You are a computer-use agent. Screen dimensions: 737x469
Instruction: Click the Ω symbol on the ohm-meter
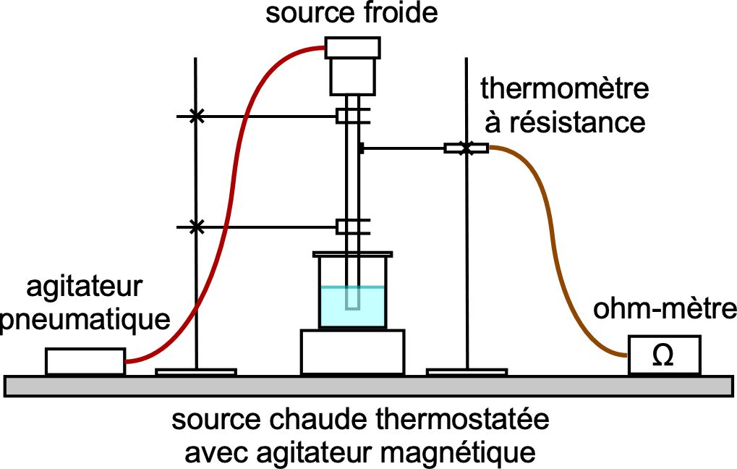663,356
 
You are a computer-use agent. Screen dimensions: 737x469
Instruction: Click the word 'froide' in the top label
401,13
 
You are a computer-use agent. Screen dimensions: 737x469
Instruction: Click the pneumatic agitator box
85,361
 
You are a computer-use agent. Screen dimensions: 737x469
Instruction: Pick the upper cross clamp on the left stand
196,117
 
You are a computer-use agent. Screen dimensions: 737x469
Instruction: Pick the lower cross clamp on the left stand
196,227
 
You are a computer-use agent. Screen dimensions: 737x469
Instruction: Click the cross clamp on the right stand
467,148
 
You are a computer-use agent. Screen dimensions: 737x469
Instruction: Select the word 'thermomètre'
564,89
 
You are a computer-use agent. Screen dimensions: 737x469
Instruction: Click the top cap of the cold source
352,48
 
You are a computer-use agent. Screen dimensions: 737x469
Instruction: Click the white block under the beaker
352,352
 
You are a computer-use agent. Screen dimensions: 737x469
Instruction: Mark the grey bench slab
369,386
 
